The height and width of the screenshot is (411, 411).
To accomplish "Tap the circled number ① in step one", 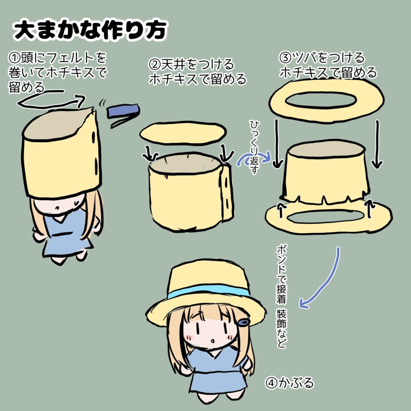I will click(x=14, y=59).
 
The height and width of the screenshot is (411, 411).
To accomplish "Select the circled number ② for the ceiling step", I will click(x=155, y=64).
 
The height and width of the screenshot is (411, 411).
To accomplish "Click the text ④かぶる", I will click(x=289, y=383).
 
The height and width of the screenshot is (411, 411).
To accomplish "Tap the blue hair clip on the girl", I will click(x=243, y=322).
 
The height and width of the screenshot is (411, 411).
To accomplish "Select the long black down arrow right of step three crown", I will click(x=376, y=144).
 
